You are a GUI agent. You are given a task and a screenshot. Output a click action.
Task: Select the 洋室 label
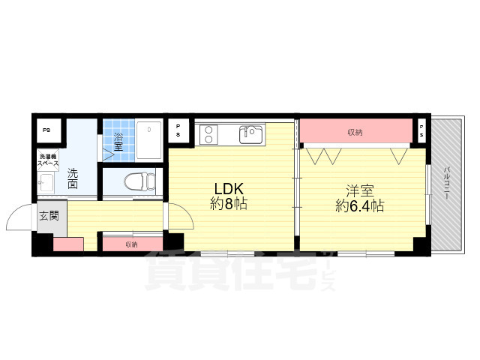click(359, 190)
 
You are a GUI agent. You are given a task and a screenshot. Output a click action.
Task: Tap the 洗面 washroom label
click(73, 178)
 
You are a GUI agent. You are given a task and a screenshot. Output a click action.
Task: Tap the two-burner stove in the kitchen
click(208, 134)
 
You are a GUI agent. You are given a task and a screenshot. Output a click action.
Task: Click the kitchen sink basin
click(250, 134)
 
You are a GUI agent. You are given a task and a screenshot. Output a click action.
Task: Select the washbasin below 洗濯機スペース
click(47, 182)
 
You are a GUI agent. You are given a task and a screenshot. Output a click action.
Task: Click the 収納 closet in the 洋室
click(355, 132)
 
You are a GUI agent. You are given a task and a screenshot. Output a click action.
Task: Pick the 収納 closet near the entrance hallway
click(132, 244)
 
